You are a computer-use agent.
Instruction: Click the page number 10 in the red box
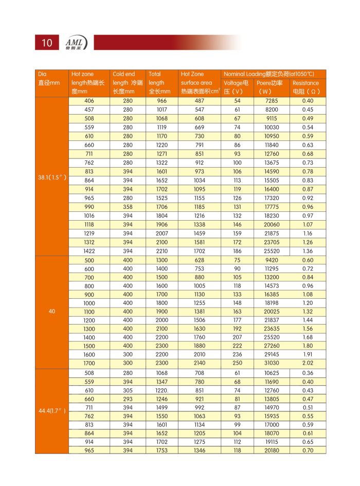pos(47,43)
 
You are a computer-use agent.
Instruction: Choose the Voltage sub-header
pos(237,87)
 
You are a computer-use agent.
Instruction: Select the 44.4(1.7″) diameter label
pos(51,410)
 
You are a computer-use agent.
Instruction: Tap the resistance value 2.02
pos(308,363)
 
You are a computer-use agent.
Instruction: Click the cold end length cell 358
pos(128,207)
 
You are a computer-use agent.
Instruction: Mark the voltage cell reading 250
pos(237,363)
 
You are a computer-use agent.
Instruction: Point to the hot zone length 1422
pos(89,251)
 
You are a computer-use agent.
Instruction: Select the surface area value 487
pos(200,101)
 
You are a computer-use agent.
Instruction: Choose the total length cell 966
pos(162,101)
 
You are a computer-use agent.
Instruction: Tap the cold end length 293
pos(128,399)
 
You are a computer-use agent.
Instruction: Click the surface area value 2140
pos(200,363)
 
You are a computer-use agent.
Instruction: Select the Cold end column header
pos(127,83)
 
